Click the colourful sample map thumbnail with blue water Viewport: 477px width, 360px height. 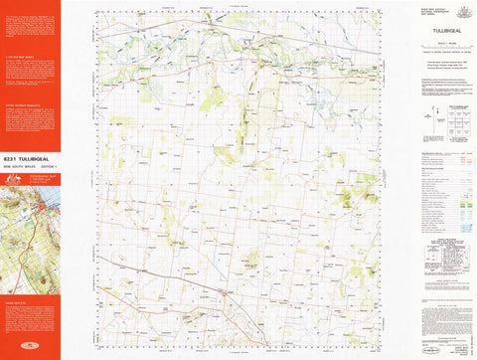pos(30,213)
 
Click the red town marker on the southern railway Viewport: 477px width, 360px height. pos(226,293)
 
